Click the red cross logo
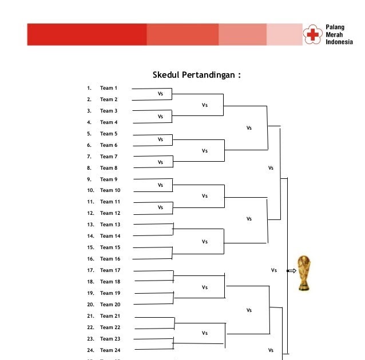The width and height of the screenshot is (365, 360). point(312,34)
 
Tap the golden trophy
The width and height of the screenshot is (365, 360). point(305,273)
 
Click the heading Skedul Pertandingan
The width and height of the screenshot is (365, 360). point(196,75)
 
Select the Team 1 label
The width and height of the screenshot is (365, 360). point(108,88)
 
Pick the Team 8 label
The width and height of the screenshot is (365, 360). point(108,168)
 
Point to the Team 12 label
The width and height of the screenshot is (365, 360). point(110,213)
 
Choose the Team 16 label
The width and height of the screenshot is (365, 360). point(110,259)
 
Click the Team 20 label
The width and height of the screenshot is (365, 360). point(110,305)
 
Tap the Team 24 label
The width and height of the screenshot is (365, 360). point(110,350)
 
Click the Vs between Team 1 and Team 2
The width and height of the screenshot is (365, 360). point(160,94)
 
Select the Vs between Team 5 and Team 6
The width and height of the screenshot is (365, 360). point(160,139)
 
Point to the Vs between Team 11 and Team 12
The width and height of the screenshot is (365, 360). point(160,207)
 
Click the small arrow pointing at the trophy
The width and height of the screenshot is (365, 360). point(291,271)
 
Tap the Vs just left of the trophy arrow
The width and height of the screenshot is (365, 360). point(273,270)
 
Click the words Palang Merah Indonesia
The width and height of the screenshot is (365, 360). point(339,34)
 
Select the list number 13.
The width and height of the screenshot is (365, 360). point(90,225)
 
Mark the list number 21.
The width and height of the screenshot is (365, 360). point(90,316)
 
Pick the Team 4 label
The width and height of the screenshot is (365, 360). point(108,122)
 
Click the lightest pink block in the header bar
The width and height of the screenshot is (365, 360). point(284,34)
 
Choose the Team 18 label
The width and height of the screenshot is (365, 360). point(110,282)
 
